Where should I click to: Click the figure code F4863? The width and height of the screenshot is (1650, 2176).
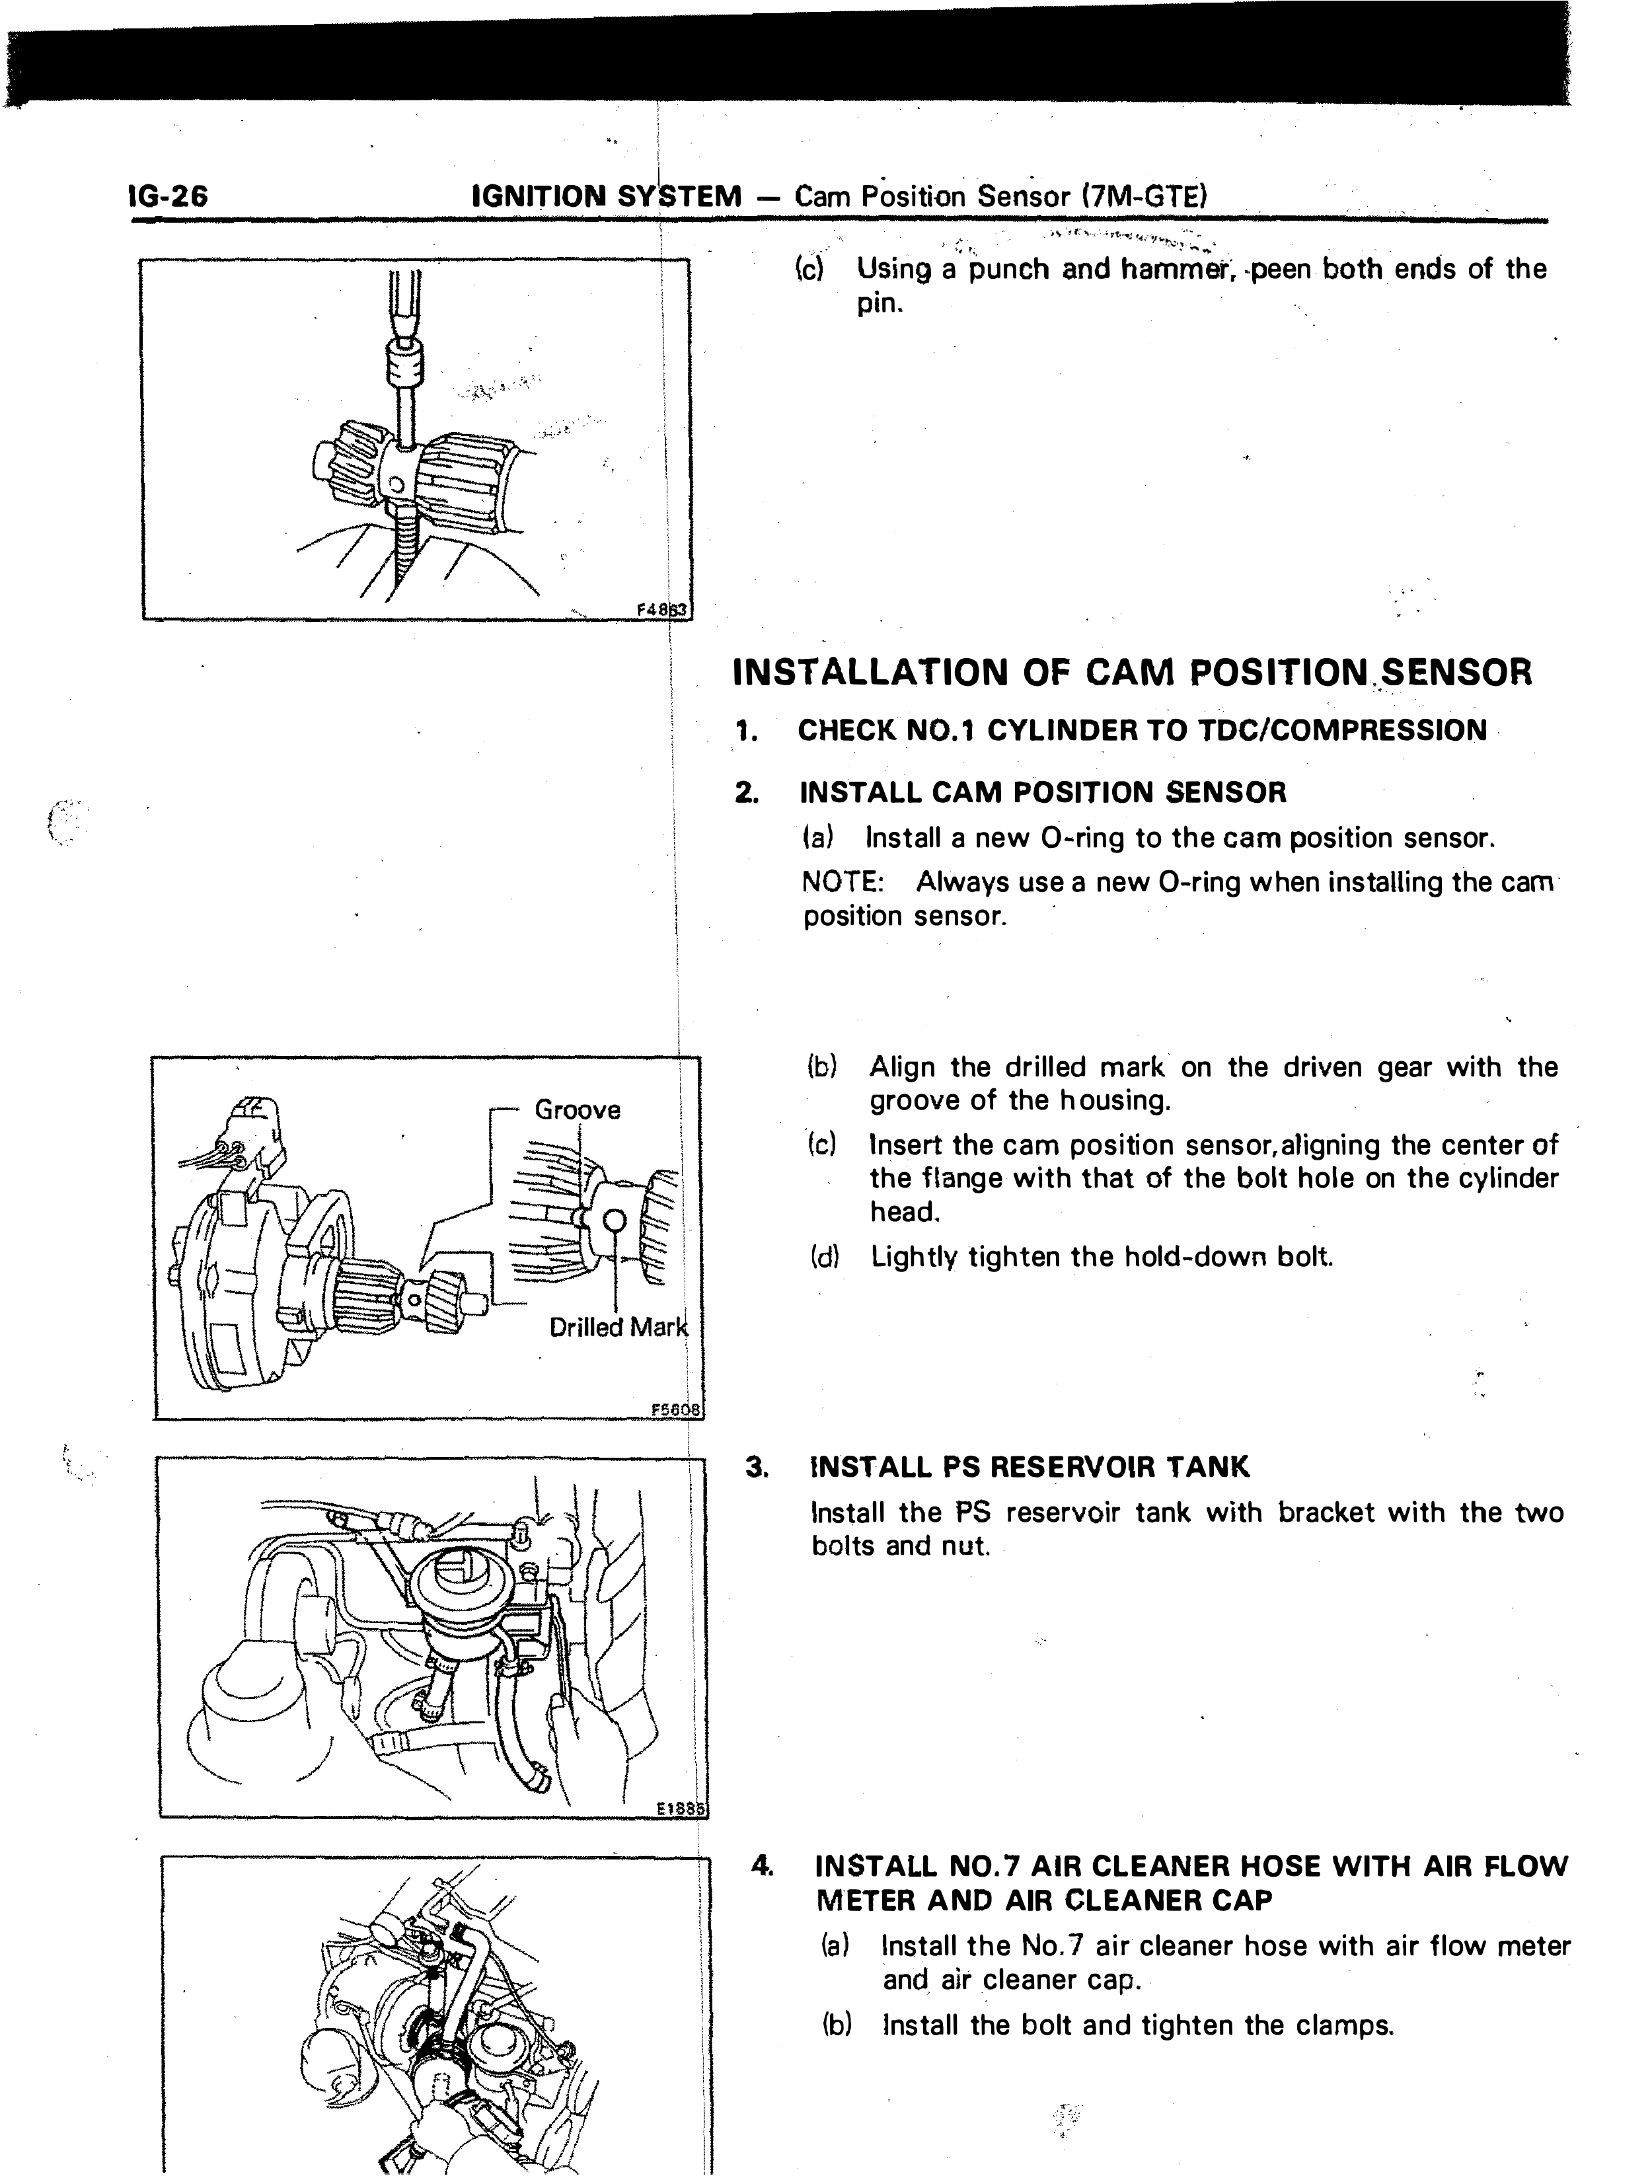tap(664, 609)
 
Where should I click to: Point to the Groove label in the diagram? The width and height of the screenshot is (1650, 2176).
tap(578, 1109)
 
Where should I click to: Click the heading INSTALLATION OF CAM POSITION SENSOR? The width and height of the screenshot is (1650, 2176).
tap(1133, 673)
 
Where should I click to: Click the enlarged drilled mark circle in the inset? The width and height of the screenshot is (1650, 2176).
tap(614, 1220)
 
